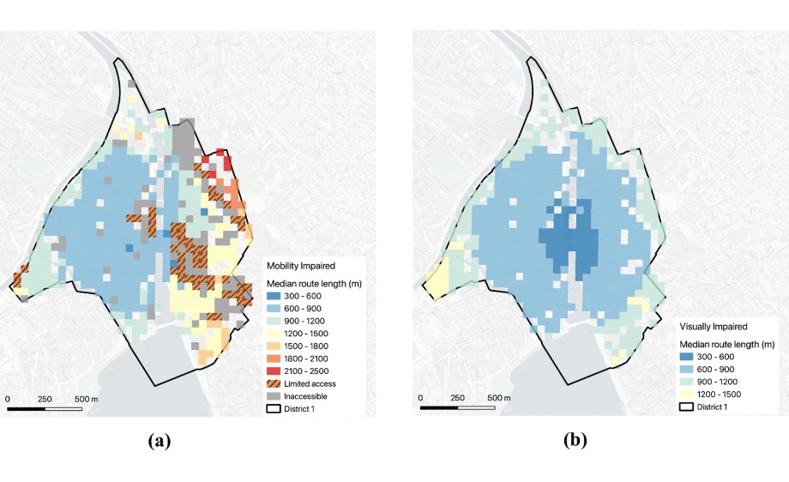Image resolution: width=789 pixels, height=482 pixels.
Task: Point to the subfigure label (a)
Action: [160, 441]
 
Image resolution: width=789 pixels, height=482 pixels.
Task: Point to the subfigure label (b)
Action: [575, 441]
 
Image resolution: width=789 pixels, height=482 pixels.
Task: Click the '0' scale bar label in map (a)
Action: [9, 399]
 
